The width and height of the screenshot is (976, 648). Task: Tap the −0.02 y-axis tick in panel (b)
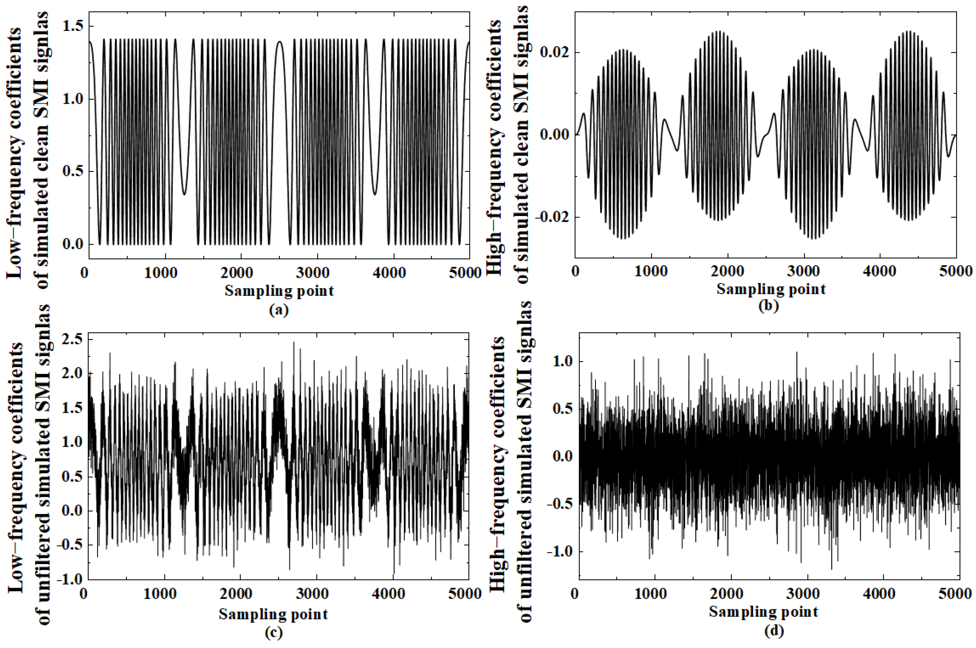552,217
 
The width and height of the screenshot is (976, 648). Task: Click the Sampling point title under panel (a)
279,291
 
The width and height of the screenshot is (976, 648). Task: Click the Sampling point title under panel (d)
764,612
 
